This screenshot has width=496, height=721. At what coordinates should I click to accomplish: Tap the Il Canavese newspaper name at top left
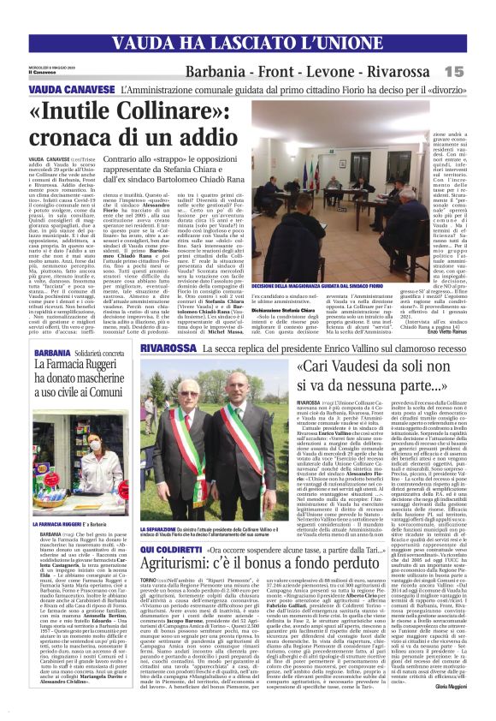click(x=42, y=75)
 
